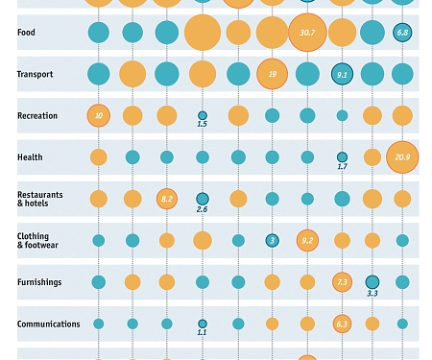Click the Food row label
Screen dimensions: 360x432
27,33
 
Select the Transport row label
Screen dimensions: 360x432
36,74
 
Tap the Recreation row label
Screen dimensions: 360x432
37,116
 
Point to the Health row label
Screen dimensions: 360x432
30,157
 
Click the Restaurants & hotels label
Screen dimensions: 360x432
39,199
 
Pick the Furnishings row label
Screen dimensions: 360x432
40,282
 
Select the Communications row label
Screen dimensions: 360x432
48,324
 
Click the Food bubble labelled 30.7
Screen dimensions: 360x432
307,33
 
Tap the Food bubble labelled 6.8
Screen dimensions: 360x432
402,33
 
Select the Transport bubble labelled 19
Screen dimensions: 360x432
273,74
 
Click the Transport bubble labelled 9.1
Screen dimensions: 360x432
342,74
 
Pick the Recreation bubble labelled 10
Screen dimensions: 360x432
98,116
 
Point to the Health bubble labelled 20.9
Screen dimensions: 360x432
402,157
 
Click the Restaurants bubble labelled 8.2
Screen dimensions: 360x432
167,199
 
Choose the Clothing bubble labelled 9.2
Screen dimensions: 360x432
307,240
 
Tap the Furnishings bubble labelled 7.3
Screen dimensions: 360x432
342,282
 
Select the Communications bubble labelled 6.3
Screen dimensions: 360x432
342,324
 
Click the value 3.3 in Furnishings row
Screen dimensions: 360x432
372,293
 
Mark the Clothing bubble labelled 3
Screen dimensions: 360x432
273,240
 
